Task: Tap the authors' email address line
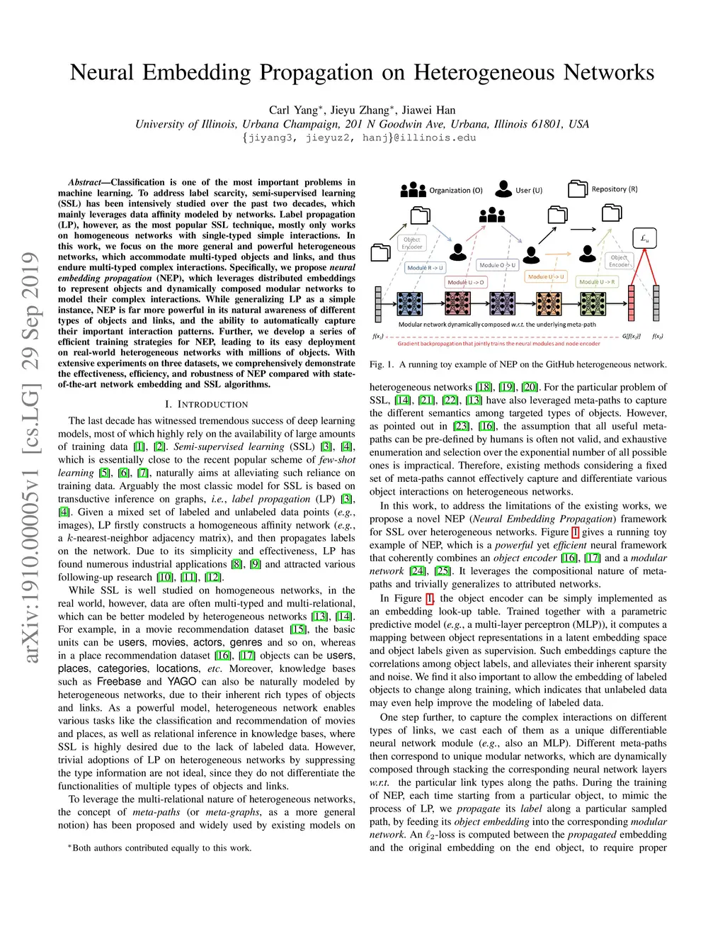359,137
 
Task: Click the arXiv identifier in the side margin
30,457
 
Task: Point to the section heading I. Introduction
206,404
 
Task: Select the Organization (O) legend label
456,190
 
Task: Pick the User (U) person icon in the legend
503,189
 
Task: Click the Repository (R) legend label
615,189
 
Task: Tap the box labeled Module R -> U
425,268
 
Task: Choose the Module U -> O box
466,282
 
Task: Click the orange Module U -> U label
546,276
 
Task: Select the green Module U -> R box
597,282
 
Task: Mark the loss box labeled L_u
645,239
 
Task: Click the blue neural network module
410,303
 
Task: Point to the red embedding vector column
632,303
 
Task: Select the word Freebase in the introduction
119,682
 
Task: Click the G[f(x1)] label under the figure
632,336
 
